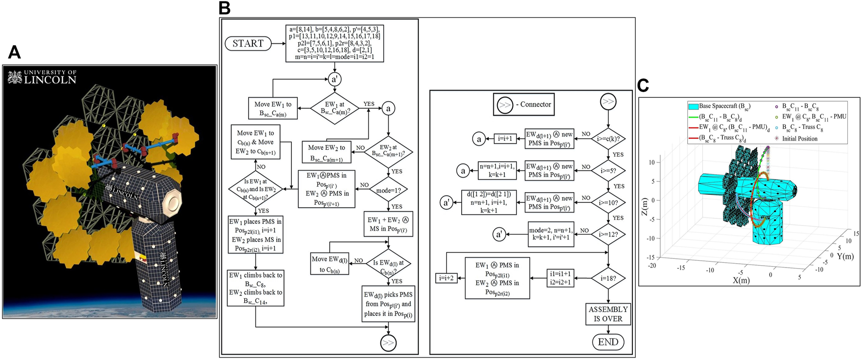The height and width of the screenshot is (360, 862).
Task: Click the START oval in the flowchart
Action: click(x=248, y=43)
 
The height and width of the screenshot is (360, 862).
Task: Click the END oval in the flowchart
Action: click(x=608, y=342)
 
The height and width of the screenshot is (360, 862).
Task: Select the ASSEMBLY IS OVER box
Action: click(x=608, y=314)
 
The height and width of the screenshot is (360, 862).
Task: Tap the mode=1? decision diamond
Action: click(x=388, y=190)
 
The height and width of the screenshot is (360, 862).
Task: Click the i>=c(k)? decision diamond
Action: click(x=608, y=139)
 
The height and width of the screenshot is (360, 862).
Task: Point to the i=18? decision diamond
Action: click(x=608, y=278)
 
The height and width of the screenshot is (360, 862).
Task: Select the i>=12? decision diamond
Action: click(x=608, y=234)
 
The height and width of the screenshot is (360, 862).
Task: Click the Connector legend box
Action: click(x=524, y=104)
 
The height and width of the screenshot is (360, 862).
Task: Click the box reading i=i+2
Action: click(x=446, y=278)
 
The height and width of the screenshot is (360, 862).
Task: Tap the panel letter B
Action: click(x=225, y=8)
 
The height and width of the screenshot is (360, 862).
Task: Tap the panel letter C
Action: click(x=643, y=86)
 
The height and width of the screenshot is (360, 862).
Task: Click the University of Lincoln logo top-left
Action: click(x=42, y=77)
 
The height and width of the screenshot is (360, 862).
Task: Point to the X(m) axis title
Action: click(x=741, y=280)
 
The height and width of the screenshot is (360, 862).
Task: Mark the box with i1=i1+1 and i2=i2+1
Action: click(x=560, y=278)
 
